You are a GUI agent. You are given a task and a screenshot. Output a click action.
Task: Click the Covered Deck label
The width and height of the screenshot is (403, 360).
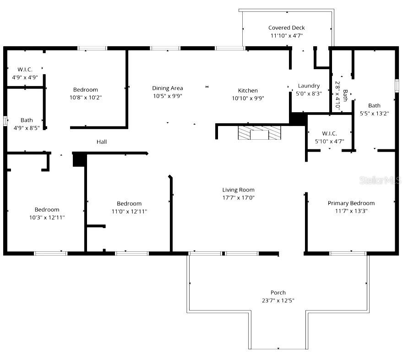tap(286, 27)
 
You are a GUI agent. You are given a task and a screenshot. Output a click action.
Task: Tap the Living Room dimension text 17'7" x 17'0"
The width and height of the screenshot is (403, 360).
tap(238, 198)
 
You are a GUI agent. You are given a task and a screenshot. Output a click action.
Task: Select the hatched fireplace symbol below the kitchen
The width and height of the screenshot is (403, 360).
tap(259, 133)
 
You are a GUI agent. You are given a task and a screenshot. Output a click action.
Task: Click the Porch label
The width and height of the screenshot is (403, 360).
tap(278, 293)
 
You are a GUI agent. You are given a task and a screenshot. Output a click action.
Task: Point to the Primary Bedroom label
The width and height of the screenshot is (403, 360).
tap(351, 203)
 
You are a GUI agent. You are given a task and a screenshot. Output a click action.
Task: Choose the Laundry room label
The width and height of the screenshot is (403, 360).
tap(309, 86)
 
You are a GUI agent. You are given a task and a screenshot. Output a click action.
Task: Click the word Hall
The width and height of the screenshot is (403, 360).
tap(102, 142)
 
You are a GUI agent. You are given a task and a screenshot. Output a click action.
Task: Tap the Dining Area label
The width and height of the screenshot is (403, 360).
tap(168, 88)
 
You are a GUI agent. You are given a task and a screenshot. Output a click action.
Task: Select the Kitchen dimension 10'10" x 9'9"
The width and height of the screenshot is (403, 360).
tap(248, 98)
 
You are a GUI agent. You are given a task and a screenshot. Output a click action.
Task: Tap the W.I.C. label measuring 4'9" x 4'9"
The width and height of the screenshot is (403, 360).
tap(25, 70)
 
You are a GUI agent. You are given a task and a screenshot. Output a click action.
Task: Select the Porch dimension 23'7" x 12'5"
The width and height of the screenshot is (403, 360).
tap(278, 301)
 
